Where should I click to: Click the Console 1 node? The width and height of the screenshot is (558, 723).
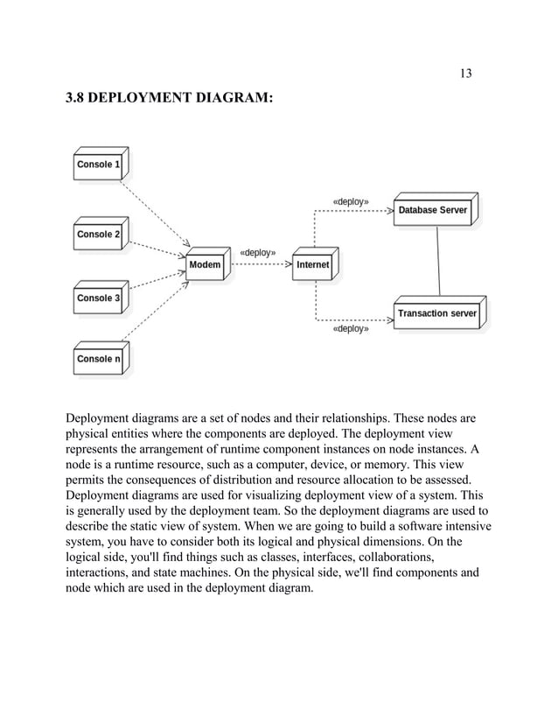pos(98,165)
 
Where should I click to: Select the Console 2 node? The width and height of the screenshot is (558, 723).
pos(98,235)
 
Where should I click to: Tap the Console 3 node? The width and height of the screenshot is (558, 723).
pos(98,298)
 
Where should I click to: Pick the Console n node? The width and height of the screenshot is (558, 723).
pos(98,359)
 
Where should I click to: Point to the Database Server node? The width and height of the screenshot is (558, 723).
pos(433,211)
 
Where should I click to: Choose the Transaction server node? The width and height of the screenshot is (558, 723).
pos(436,313)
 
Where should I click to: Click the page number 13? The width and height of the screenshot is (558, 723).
pos(465,73)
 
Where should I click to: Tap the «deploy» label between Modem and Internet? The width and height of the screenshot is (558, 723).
pos(258,252)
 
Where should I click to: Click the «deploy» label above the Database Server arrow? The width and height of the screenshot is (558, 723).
pos(351,201)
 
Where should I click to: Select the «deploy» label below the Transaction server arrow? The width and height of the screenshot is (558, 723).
pos(351,330)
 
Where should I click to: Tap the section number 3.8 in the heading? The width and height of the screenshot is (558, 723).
pos(77,101)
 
